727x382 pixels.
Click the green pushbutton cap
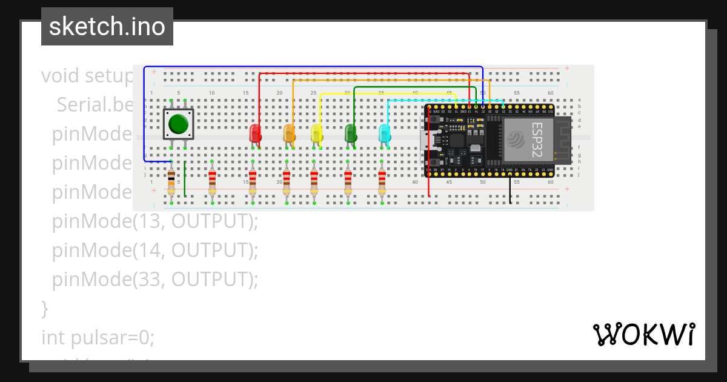pyautogui.click(x=178, y=124)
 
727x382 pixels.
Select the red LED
pyautogui.click(x=255, y=133)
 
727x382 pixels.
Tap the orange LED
pyautogui.click(x=289, y=133)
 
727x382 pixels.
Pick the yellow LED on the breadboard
pyautogui.click(x=316, y=133)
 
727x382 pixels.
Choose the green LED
pyautogui.click(x=350, y=133)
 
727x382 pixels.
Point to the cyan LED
pyautogui.click(x=384, y=133)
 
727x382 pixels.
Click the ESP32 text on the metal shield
pyautogui.click(x=537, y=139)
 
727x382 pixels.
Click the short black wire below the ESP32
pyautogui.click(x=510, y=189)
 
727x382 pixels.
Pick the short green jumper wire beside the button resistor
pyautogui.click(x=185, y=178)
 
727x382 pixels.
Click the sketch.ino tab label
pyautogui.click(x=107, y=27)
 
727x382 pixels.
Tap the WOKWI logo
pyautogui.click(x=644, y=335)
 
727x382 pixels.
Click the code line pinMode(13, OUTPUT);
pyautogui.click(x=154, y=221)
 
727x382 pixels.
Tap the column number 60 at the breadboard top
pyautogui.click(x=550, y=93)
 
